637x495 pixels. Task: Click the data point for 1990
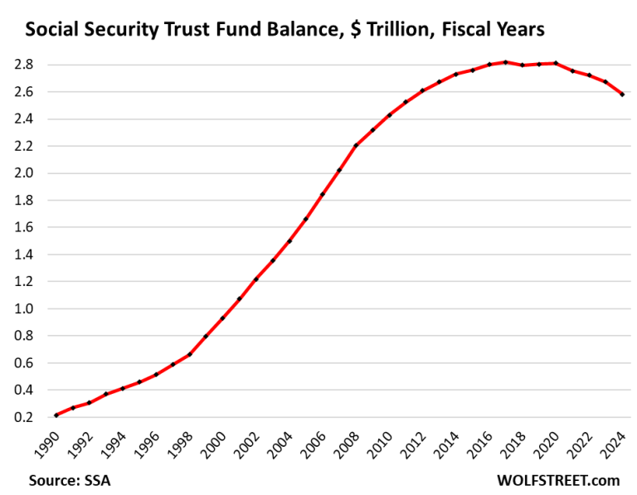coord(56,415)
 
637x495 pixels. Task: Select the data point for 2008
coord(356,145)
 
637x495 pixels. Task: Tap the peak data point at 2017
coord(506,62)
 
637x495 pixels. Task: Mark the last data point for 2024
coord(622,95)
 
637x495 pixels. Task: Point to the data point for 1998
coord(189,354)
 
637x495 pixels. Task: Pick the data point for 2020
coord(556,63)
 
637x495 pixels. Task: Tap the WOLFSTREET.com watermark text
coord(558,480)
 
